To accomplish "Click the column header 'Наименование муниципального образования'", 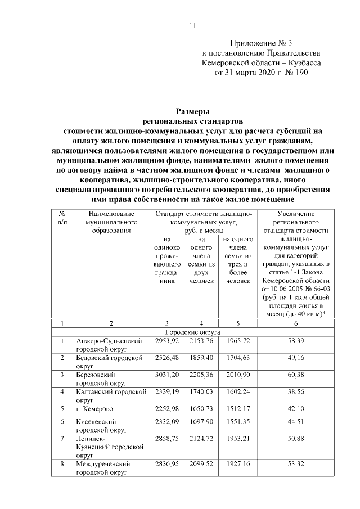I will click(111, 222).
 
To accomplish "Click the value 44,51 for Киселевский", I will click(296, 421).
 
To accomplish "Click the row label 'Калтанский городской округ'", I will click(111, 394).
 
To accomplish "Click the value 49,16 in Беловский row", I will click(296, 358).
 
